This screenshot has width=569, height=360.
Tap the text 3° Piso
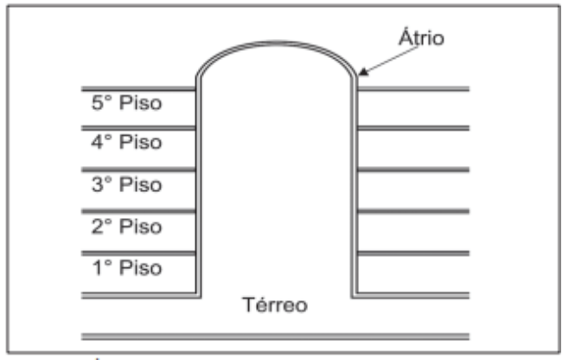pos(126,185)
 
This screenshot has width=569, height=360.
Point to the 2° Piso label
pos(126,227)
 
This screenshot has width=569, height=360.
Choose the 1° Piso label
pos(126,268)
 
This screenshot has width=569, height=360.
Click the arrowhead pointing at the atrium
pos(361,74)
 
